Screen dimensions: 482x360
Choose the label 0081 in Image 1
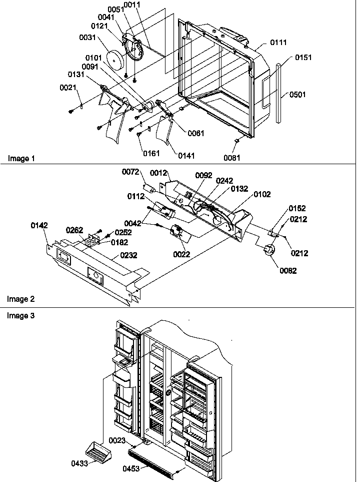[x=232, y=158]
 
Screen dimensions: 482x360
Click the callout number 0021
[x=68, y=88]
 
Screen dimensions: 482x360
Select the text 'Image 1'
[x=21, y=159]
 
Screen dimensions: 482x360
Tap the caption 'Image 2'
[x=21, y=299]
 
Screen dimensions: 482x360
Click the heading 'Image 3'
[x=21, y=315]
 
